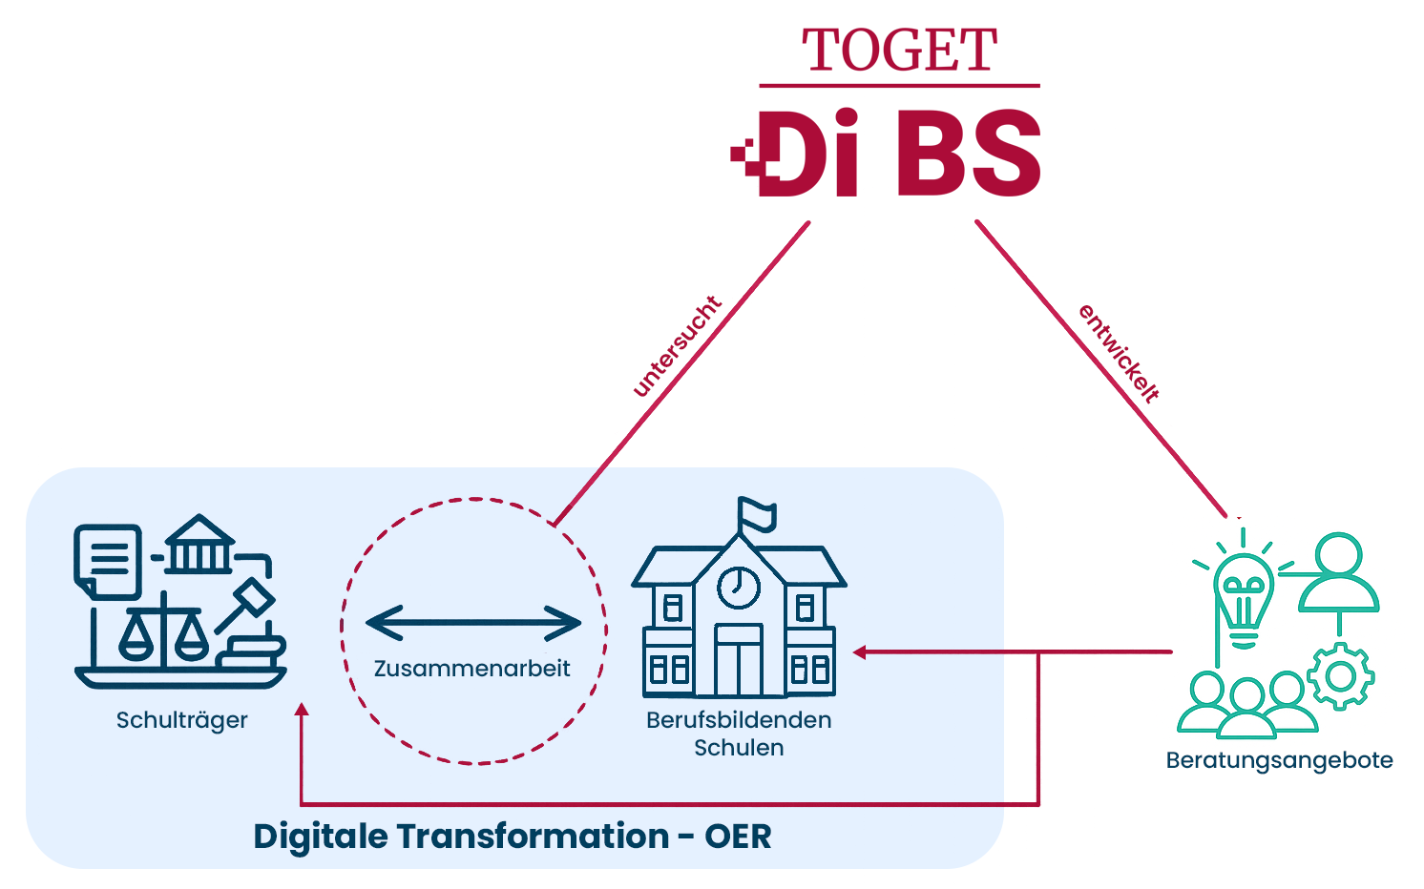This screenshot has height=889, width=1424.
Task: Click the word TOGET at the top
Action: (x=899, y=51)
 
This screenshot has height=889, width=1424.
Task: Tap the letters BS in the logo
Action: (x=968, y=155)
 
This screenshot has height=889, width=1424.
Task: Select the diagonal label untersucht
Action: (x=677, y=345)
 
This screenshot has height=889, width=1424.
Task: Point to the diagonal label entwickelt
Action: (x=1119, y=353)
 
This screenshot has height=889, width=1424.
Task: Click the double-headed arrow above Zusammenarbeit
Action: (x=473, y=624)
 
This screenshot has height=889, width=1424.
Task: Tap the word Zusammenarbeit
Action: (x=471, y=668)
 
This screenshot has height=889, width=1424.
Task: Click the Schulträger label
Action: (x=181, y=720)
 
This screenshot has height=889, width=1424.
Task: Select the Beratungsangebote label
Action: (x=1279, y=760)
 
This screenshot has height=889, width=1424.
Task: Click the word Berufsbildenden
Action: (x=739, y=720)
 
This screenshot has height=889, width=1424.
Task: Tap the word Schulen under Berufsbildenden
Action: (x=739, y=748)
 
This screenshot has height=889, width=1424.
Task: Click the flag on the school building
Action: (x=755, y=513)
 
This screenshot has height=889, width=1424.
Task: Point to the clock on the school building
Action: (x=738, y=586)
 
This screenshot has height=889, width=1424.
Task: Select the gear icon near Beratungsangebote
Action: (x=1340, y=676)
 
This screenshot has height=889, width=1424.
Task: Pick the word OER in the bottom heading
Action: (x=738, y=837)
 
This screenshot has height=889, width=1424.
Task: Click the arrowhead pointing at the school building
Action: (x=859, y=652)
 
